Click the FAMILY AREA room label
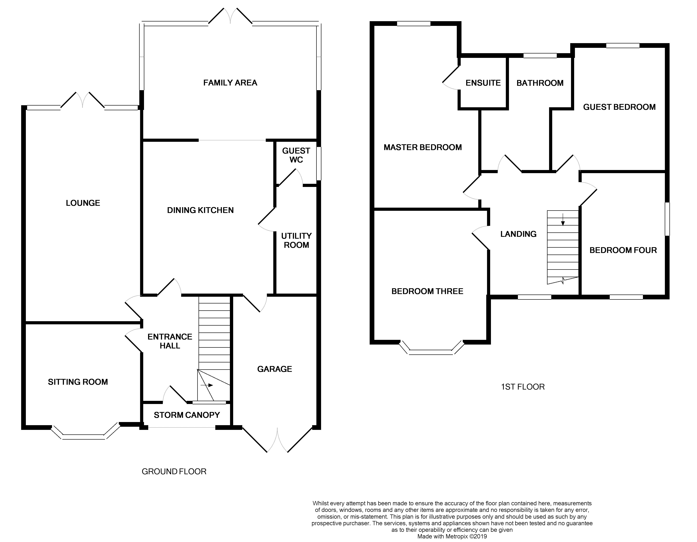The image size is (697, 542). coord(230,83)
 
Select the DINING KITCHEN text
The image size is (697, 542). coord(200,210)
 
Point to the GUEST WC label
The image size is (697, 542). coord(296,155)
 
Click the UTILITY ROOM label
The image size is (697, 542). coord(296,241)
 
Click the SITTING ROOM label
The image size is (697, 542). coord(78,382)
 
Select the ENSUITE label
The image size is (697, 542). coord(483,83)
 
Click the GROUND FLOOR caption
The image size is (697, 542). coord(174,471)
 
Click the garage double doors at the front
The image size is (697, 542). coord(277,441)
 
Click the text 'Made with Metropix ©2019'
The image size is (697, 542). coord(452,537)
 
